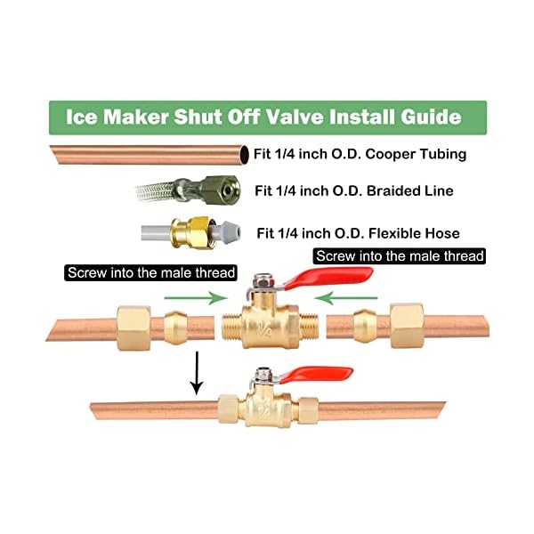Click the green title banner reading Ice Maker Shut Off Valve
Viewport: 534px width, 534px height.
pos(267,117)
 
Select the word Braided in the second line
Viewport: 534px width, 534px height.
pos(378,190)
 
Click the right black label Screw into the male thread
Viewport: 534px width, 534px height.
pos(400,256)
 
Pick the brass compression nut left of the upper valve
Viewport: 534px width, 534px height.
pos(136,321)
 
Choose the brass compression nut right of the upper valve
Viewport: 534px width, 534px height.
pos(405,321)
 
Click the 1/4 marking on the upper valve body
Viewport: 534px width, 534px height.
pos(266,328)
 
